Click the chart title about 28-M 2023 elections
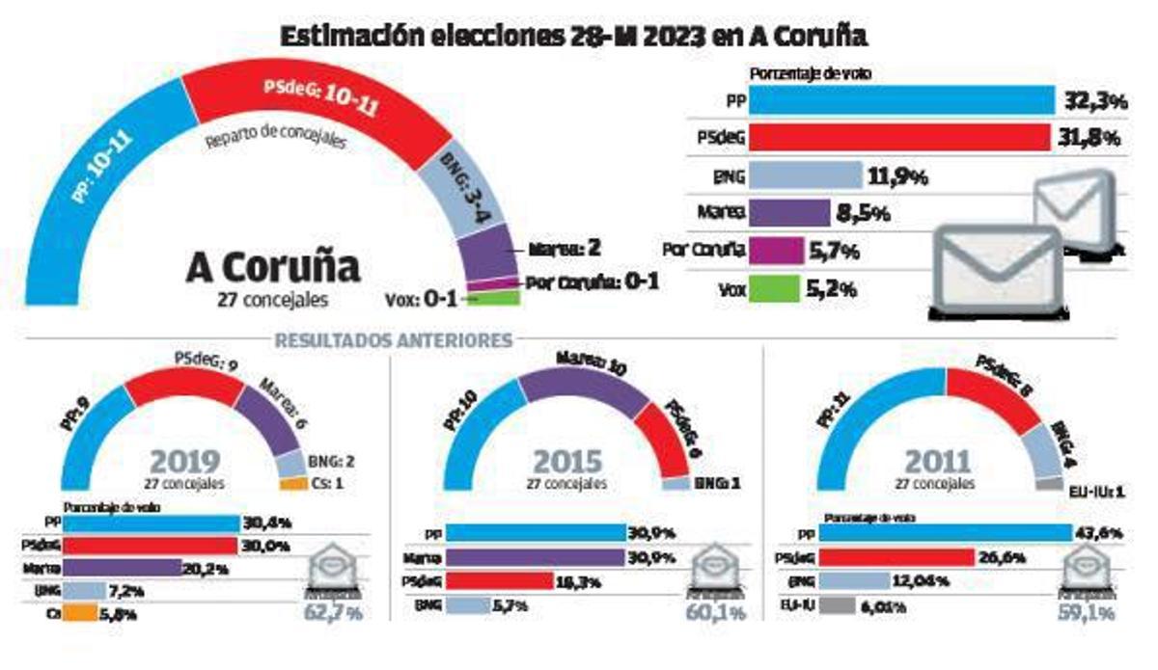tap(574, 37)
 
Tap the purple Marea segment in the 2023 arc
tap(491, 252)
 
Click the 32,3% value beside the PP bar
tap(1091, 101)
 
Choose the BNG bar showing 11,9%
tap(805, 175)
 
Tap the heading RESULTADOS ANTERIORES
tap(393, 340)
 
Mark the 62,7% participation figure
tap(333, 611)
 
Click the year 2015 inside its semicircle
tap(566, 461)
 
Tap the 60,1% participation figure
tap(715, 611)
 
